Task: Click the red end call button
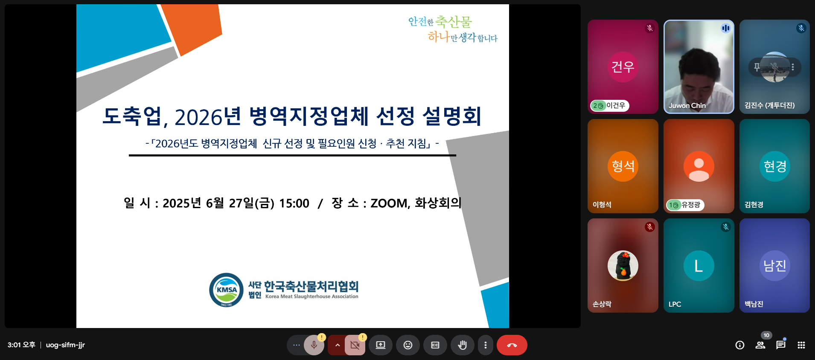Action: (x=512, y=345)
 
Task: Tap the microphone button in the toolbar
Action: (x=314, y=345)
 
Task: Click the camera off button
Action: (x=355, y=345)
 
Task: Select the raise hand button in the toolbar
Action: (x=462, y=345)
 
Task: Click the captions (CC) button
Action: (x=435, y=345)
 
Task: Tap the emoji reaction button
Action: (x=408, y=345)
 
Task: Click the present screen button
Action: (x=381, y=345)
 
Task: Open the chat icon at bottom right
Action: (x=781, y=345)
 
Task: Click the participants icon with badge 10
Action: (x=760, y=345)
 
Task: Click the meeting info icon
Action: (x=740, y=345)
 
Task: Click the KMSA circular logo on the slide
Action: (x=227, y=290)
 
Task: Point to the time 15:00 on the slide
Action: (x=294, y=203)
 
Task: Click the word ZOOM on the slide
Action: (x=389, y=203)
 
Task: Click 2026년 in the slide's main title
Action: (x=208, y=116)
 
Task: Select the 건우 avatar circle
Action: (x=623, y=67)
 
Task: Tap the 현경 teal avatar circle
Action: (x=775, y=166)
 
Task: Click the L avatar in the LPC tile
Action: (x=699, y=266)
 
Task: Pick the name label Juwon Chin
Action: (x=687, y=105)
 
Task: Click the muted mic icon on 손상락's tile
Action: (x=650, y=227)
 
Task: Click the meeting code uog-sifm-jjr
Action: (x=65, y=345)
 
